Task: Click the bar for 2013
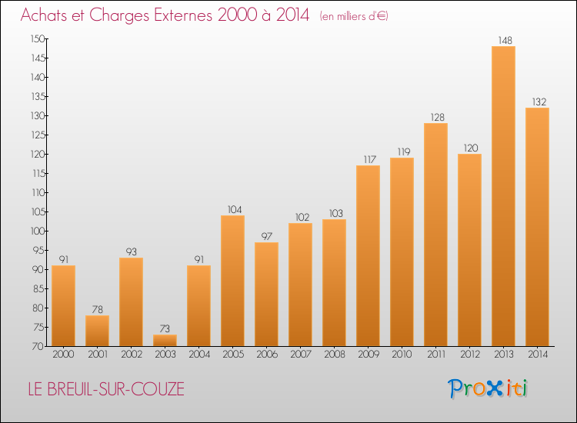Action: [x=503, y=196]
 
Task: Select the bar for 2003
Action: [x=165, y=340]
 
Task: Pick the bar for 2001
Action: [x=97, y=331]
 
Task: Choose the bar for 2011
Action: [x=435, y=235]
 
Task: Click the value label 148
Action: [x=503, y=40]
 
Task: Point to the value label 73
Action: [x=165, y=328]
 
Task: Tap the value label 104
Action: [x=232, y=209]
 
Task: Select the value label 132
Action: [x=537, y=102]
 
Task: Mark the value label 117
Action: [x=368, y=159]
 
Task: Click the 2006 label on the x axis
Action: [x=266, y=355]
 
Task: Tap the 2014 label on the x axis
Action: [x=537, y=355]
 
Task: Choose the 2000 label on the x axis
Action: [x=63, y=355]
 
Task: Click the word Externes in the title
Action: [x=172, y=16]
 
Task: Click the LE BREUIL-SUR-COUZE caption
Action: [x=102, y=389]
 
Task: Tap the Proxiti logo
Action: [x=488, y=388]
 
